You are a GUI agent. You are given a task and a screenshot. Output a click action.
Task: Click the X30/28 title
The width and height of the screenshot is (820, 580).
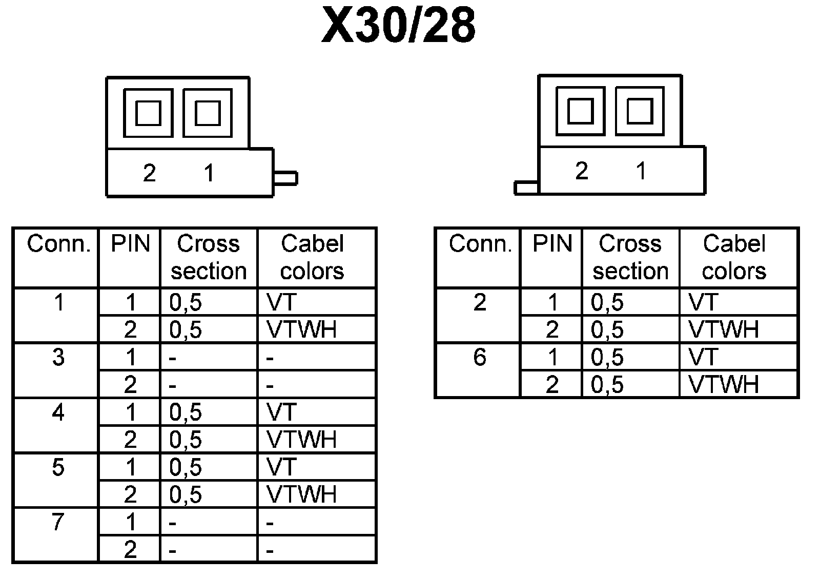tap(398, 26)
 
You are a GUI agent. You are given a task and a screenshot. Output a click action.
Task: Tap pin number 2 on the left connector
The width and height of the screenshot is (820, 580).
tap(149, 173)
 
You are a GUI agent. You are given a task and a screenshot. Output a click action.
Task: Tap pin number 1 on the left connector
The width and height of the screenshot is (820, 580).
tap(209, 173)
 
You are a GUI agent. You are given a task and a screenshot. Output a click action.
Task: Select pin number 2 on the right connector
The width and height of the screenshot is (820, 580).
tap(581, 171)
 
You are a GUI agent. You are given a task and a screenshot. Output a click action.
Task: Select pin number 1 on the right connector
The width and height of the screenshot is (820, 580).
tap(641, 171)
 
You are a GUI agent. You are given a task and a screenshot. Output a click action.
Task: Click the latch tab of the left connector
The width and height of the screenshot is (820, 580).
tap(285, 178)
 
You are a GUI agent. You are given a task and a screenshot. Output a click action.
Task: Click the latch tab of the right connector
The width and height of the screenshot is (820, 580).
tap(526, 188)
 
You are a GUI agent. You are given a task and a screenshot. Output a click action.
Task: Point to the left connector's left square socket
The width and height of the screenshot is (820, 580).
tap(148, 113)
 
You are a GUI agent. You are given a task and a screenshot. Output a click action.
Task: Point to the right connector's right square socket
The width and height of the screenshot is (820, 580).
tap(640, 111)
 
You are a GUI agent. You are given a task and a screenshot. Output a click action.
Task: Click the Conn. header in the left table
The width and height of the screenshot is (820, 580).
tap(58, 244)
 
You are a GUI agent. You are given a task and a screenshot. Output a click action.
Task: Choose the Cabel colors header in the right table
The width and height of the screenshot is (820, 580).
tap(734, 257)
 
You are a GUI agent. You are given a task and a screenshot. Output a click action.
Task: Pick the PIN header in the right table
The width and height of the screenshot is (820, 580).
tap(552, 244)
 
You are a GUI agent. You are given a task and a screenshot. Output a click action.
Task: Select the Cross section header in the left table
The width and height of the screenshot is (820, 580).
tap(209, 257)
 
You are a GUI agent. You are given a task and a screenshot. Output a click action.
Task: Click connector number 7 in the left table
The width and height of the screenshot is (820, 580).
tap(58, 522)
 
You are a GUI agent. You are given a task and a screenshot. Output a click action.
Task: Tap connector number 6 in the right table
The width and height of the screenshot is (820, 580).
tap(480, 357)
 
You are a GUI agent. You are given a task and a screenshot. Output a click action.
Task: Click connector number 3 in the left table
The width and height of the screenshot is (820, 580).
tap(58, 357)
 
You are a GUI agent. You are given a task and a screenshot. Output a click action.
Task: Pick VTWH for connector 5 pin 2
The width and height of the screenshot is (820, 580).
tap(302, 494)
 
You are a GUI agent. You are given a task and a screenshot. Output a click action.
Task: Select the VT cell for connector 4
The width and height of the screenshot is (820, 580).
tap(282, 412)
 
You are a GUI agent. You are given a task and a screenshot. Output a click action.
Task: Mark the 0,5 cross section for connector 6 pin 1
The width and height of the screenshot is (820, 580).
tap(607, 357)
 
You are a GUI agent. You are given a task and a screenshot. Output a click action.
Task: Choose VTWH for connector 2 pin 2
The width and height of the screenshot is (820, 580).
tap(724, 329)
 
